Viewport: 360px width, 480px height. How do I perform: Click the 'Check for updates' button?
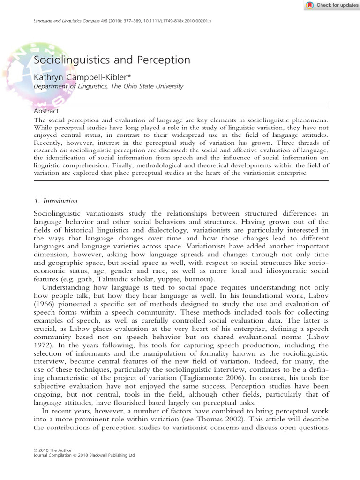click(331, 5)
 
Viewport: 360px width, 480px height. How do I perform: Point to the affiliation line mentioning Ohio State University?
click(108, 86)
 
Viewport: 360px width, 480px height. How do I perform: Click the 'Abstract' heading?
click(46, 111)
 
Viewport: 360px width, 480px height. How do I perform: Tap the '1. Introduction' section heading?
click(56, 201)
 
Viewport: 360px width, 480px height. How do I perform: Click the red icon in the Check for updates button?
click(310, 5)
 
